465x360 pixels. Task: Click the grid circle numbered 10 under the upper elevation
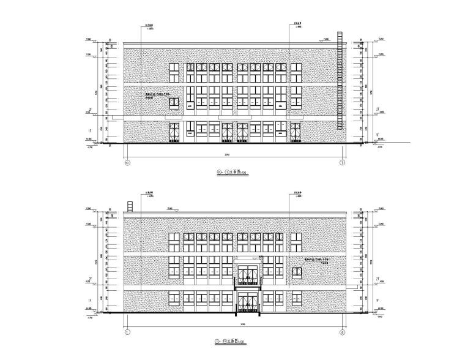coord(127,163)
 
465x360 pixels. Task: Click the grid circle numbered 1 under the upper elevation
coord(342,163)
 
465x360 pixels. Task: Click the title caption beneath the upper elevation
coord(234,173)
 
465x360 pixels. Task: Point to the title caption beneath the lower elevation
coord(234,340)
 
